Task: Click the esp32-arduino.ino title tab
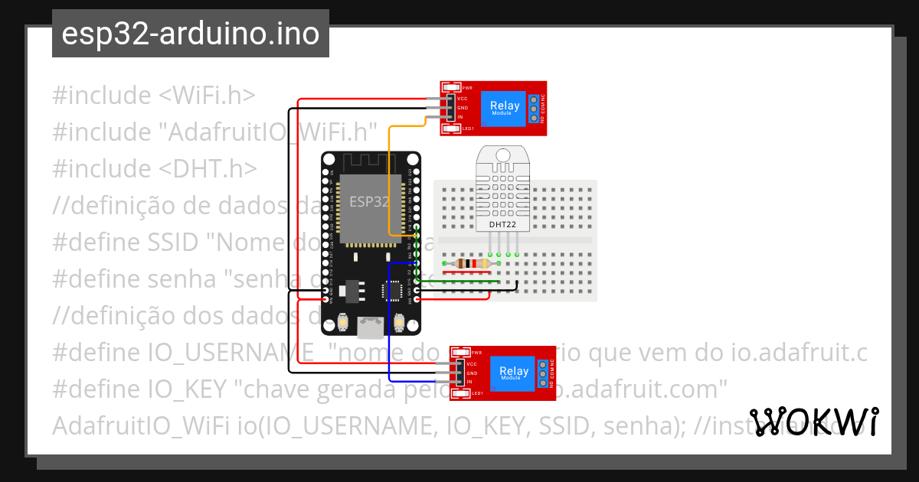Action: [x=191, y=34]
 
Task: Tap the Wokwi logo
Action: [x=813, y=422]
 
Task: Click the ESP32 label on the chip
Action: [x=369, y=202]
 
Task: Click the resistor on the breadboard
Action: [x=471, y=264]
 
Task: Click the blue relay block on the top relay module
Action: [x=504, y=109]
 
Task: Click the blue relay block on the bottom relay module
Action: [x=513, y=373]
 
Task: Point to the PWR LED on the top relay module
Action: [x=451, y=88]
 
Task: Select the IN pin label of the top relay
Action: [x=460, y=117]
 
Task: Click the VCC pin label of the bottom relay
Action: [x=472, y=363]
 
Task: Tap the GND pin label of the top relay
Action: [x=463, y=108]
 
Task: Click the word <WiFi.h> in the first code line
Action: [x=207, y=96]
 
